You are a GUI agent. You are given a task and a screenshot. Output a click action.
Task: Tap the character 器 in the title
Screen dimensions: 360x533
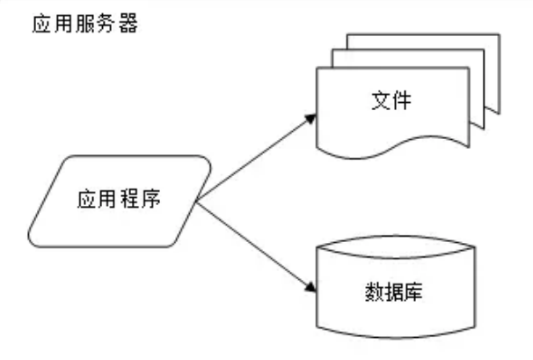[131, 23]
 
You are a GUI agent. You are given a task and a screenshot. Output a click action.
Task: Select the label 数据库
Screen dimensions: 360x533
[391, 290]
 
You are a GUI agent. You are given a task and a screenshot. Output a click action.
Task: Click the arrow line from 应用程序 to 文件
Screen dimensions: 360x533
[255, 159]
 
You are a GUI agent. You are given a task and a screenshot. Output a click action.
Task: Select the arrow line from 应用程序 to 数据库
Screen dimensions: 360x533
[255, 247]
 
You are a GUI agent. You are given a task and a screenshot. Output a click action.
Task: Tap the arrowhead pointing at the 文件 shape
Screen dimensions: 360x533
[310, 118]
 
